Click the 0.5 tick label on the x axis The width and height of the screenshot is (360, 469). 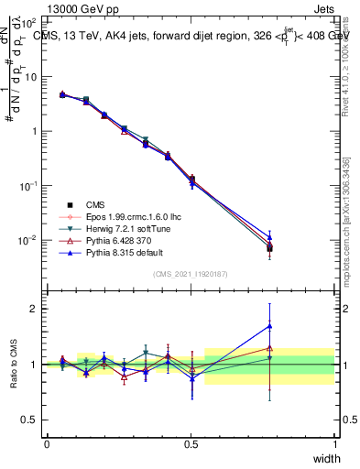(191, 443)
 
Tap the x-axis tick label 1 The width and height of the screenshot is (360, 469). (334, 443)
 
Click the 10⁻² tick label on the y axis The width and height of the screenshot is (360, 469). (29, 240)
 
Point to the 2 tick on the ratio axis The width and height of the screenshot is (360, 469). (34, 309)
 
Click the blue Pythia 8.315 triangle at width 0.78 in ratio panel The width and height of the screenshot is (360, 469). (269, 325)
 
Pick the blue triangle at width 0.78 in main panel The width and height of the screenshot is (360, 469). (269, 236)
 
